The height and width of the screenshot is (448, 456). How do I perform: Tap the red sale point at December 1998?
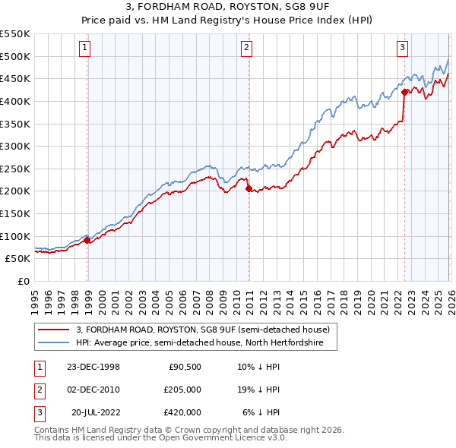87,240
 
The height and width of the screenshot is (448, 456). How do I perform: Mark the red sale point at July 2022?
404,92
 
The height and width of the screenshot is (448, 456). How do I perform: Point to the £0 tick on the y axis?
23,281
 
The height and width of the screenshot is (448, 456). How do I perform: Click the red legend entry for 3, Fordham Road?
202,330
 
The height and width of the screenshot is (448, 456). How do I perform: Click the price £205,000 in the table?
182,389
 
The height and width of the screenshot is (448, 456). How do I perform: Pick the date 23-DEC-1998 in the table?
94,366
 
